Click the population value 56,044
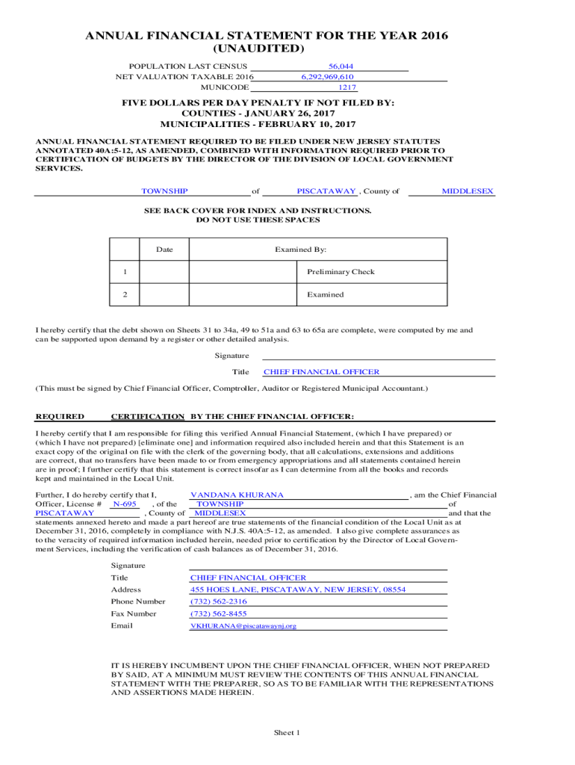[x=341, y=66]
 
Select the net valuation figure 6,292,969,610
[x=327, y=77]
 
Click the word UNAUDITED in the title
[x=258, y=49]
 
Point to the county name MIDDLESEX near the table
[x=467, y=192]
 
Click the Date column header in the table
[x=164, y=250]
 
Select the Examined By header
[x=300, y=250]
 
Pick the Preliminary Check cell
[x=341, y=272]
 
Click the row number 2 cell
[x=125, y=294]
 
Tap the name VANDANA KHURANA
[x=237, y=495]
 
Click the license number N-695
[x=125, y=504]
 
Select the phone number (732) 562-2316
[x=218, y=601]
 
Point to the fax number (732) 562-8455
[x=218, y=613]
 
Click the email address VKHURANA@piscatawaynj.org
[x=243, y=626]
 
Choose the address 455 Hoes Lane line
[x=298, y=589]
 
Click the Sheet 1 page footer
[x=286, y=733]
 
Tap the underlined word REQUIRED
[x=60, y=416]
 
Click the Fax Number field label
[x=134, y=613]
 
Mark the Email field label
[x=122, y=625]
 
